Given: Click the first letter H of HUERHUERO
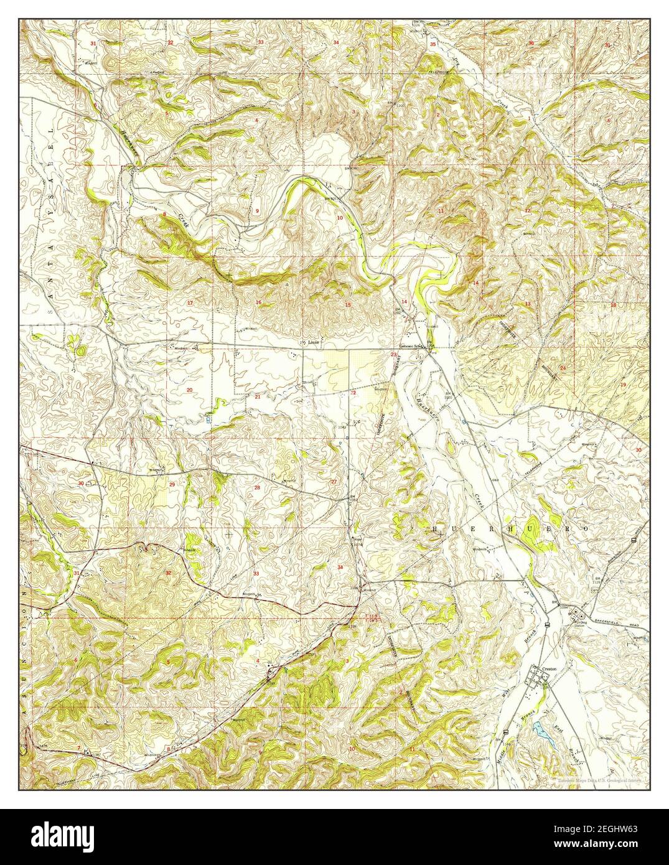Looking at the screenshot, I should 434,528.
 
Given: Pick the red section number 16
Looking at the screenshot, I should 258,302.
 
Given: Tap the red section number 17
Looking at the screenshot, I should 190,302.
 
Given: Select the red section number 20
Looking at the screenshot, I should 189,390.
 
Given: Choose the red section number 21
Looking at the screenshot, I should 257,396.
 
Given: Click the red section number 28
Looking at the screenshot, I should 257,487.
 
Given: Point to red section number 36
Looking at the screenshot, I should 531,43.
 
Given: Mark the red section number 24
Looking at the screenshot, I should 563,368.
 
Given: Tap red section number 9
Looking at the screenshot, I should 257,211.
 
